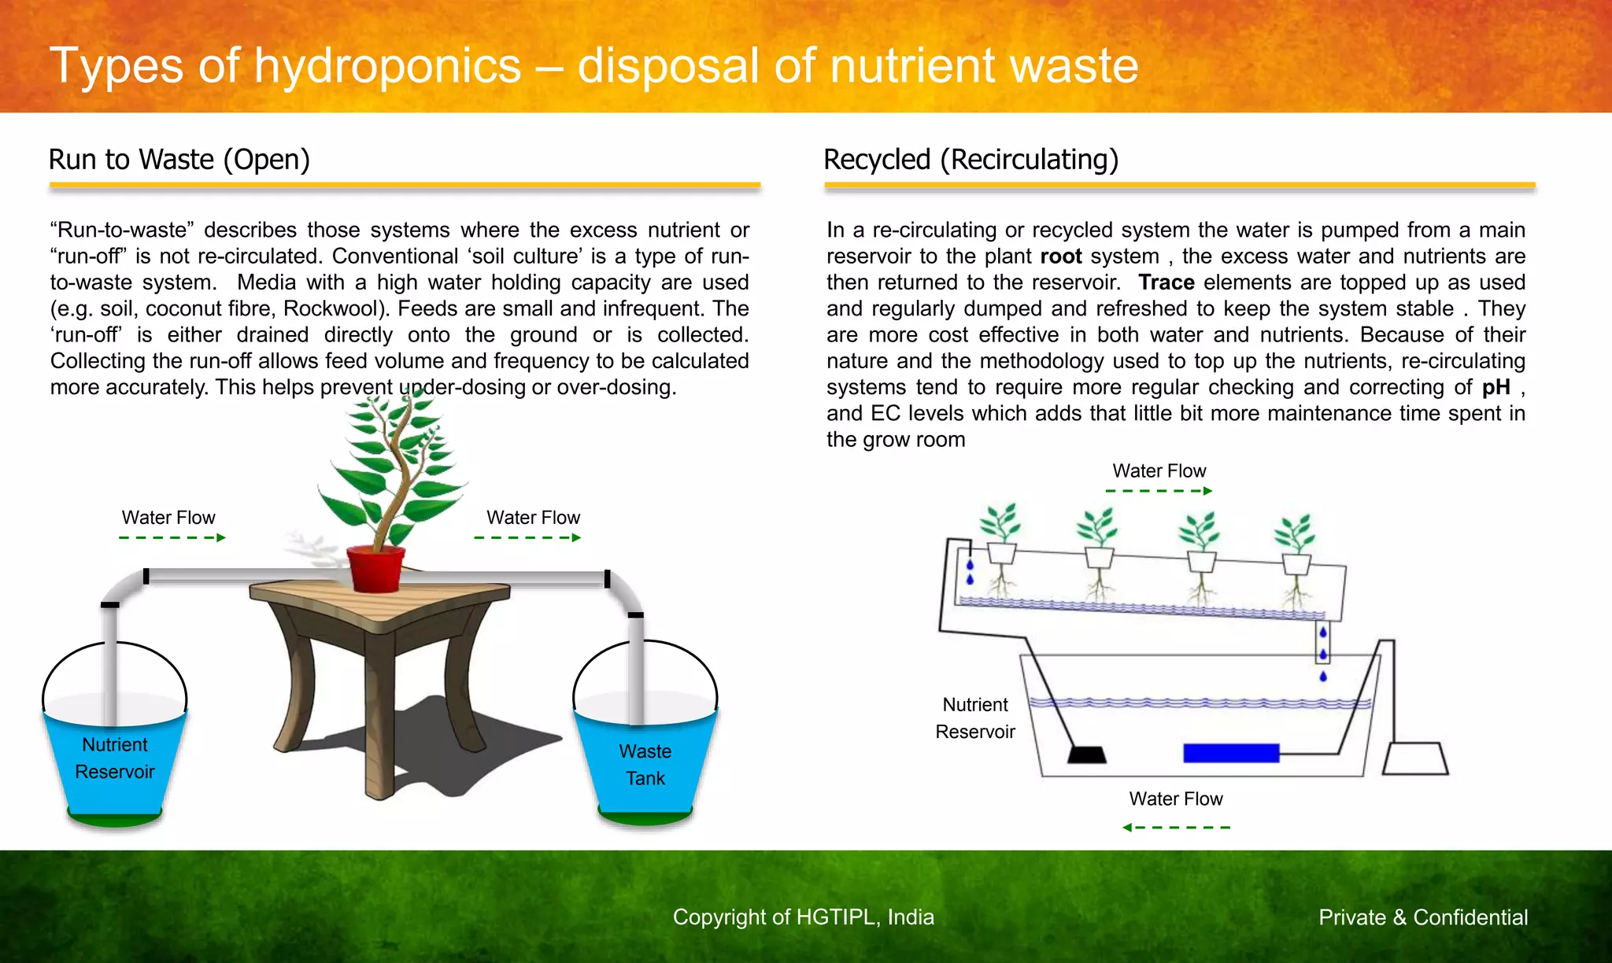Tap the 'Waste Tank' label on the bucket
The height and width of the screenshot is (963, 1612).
[x=645, y=765]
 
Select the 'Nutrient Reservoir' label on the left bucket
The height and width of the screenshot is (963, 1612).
[x=115, y=758]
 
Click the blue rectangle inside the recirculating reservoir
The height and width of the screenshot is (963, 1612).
[x=1231, y=753]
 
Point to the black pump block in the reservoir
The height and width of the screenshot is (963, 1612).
[x=1087, y=755]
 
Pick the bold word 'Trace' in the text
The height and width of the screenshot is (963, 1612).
[x=1166, y=282]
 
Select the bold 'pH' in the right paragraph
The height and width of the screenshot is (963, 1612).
[x=1496, y=387]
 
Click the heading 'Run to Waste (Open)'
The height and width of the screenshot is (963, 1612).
[x=179, y=160]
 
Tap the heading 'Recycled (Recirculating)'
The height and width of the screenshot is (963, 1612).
[x=971, y=160]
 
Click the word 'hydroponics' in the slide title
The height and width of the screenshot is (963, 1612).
[x=387, y=65]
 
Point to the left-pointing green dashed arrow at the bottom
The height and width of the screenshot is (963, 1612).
[x=1176, y=827]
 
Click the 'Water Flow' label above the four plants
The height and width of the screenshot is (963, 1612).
[x=1159, y=470]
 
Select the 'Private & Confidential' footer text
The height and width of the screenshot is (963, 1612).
[x=1423, y=917]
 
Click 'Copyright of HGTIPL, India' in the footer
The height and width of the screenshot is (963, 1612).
[x=803, y=917]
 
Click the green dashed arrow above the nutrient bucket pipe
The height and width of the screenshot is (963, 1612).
[x=172, y=537]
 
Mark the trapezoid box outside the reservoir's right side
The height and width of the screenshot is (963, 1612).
[x=1415, y=758]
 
